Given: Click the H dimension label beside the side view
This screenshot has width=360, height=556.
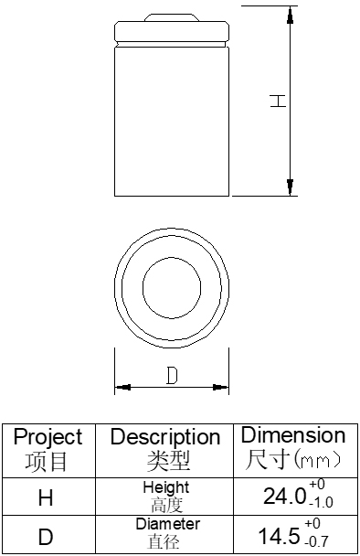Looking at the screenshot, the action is (x=278, y=102).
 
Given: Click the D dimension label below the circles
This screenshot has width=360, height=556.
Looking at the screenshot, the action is (x=172, y=376).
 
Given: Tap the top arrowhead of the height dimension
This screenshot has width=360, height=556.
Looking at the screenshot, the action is (x=291, y=15).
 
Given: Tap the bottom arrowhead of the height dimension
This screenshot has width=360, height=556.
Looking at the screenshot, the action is (x=291, y=187).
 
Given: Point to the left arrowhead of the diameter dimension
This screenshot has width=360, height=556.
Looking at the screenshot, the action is (x=123, y=387).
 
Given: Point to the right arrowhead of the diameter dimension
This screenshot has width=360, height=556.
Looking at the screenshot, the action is (x=220, y=387).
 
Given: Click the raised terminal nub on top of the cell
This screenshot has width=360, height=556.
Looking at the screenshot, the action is (x=172, y=17).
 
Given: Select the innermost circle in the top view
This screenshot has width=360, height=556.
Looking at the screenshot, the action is (x=172, y=259).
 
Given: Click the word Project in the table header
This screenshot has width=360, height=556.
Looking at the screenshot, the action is (x=48, y=437).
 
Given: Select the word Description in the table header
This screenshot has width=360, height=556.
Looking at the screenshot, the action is (x=165, y=437).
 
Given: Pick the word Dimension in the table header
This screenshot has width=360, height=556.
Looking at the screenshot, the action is (x=293, y=435).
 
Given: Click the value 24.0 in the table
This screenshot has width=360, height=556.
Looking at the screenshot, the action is (x=284, y=496).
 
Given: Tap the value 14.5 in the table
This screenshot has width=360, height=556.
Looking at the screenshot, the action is (x=280, y=536).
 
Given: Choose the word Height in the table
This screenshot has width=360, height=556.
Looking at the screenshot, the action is (x=165, y=488).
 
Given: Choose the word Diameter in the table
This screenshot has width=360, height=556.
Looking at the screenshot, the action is (x=167, y=524).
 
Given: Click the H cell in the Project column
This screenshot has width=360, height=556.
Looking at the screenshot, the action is (x=46, y=497).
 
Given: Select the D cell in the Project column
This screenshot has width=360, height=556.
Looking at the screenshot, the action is (x=46, y=537).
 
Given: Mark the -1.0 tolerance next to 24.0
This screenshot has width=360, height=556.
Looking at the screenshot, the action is (x=321, y=502).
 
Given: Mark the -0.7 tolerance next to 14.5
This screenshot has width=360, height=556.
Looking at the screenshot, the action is (x=316, y=541).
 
